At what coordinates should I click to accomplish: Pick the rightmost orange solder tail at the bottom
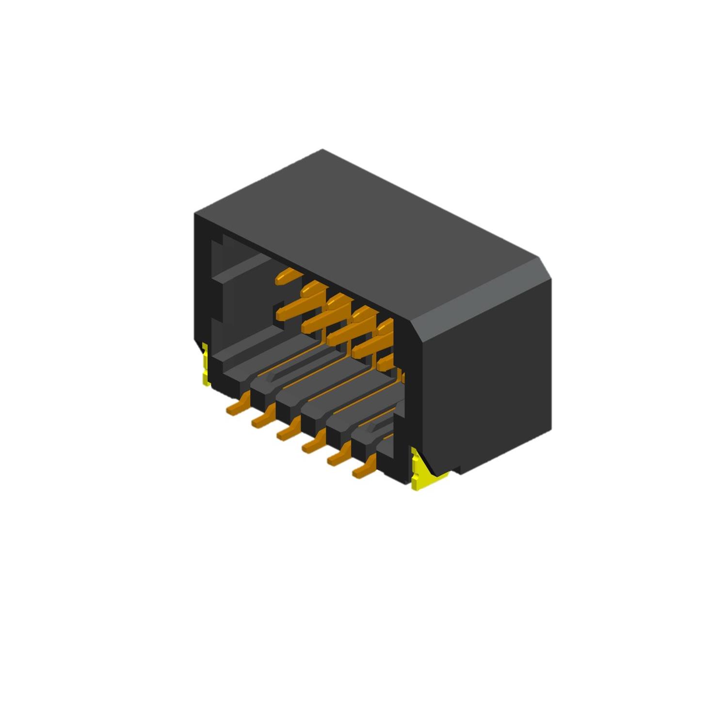pyautogui.click(x=365, y=467)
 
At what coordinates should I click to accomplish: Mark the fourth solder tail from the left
pyautogui.click(x=314, y=443)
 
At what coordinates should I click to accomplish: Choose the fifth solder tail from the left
pyautogui.click(x=339, y=455)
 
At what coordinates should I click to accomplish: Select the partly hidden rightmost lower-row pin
pyautogui.click(x=386, y=361)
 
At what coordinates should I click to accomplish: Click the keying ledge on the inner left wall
pyautogui.click(x=242, y=269)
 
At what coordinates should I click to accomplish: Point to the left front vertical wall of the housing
pyautogui.click(x=202, y=281)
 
